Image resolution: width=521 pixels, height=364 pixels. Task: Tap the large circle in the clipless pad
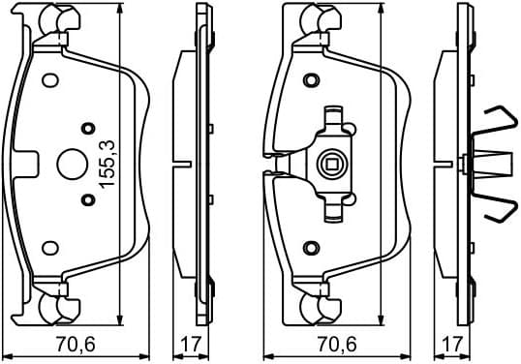pos(72,164)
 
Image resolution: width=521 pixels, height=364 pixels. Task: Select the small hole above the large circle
pos(88,127)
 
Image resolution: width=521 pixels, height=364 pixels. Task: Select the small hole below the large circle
pos(88,199)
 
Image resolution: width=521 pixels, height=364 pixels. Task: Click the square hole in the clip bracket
pos(332,164)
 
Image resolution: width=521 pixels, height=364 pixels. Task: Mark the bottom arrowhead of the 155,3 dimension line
pos(119,318)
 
